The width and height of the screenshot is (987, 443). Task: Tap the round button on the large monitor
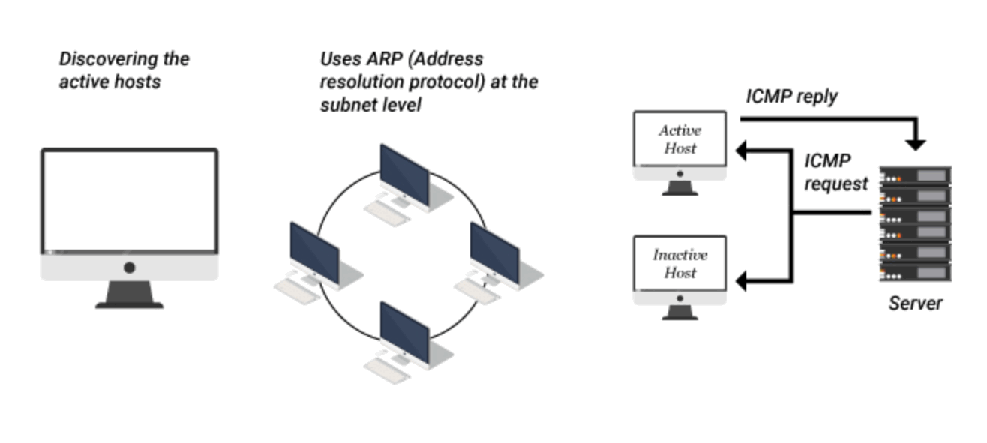click(130, 267)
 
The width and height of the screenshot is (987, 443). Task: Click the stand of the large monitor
click(129, 295)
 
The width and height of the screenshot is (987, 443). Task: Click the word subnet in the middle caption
click(349, 105)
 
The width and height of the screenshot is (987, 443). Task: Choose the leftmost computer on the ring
click(314, 256)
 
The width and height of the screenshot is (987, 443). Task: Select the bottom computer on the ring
click(404, 334)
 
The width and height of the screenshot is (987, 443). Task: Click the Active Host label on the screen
click(679, 139)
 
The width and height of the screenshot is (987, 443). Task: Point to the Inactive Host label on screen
click(679, 263)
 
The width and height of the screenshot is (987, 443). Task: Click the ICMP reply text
click(791, 97)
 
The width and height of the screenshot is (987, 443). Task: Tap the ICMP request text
click(835, 172)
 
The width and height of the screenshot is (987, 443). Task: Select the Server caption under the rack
click(915, 304)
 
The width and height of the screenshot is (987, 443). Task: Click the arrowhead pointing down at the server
click(916, 144)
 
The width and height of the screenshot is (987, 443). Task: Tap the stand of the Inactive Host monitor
click(680, 310)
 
